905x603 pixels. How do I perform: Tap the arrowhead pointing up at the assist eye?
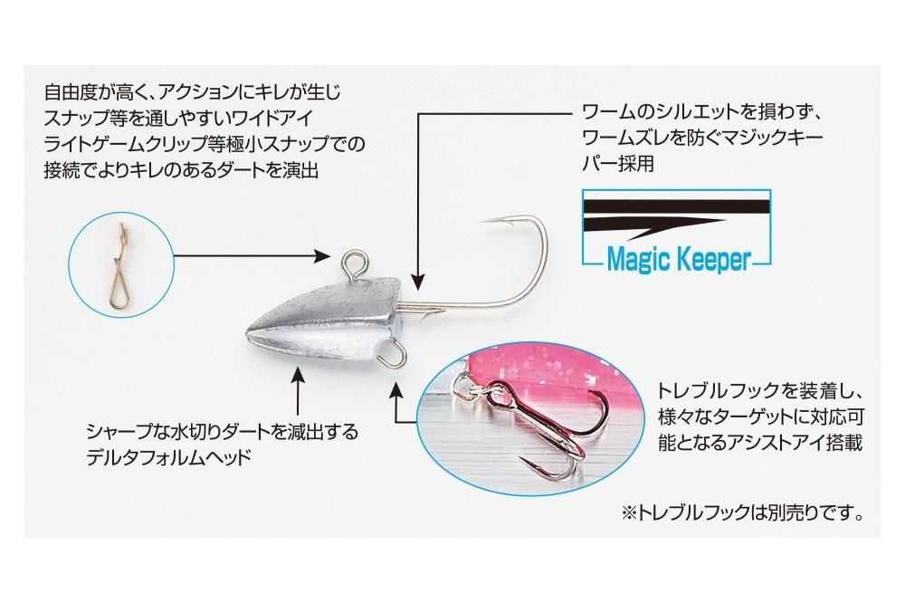(395, 389)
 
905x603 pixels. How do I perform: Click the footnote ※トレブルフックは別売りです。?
(742, 512)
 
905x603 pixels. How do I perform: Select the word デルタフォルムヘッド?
(169, 458)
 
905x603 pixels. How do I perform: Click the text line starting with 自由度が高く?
(193, 92)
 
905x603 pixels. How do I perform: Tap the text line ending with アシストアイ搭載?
(760, 443)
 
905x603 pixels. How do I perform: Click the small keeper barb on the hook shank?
(428, 314)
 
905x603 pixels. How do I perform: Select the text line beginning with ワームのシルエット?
(706, 112)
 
